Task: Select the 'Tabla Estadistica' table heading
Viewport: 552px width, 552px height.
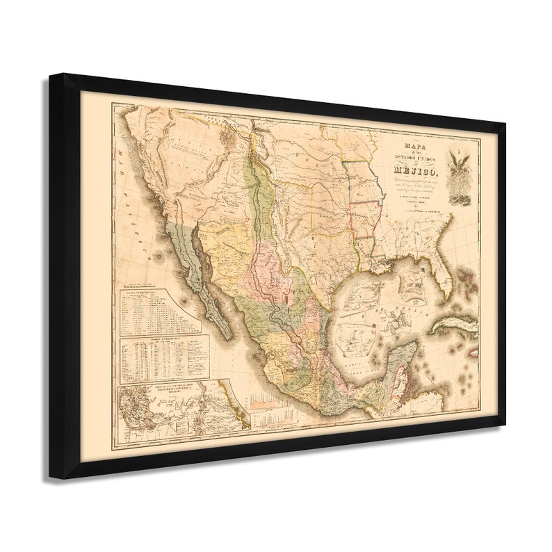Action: (148, 341)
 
